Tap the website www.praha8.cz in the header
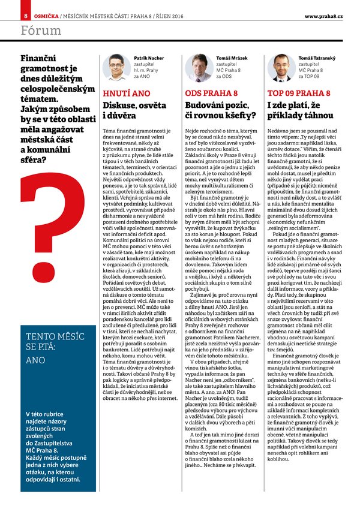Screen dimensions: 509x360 [323, 15]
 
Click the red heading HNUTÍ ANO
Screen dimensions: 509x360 [127, 94]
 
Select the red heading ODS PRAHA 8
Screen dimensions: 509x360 [211, 94]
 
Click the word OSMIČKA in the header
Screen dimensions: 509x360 [46, 15]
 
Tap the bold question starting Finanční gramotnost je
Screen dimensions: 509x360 [57, 109]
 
